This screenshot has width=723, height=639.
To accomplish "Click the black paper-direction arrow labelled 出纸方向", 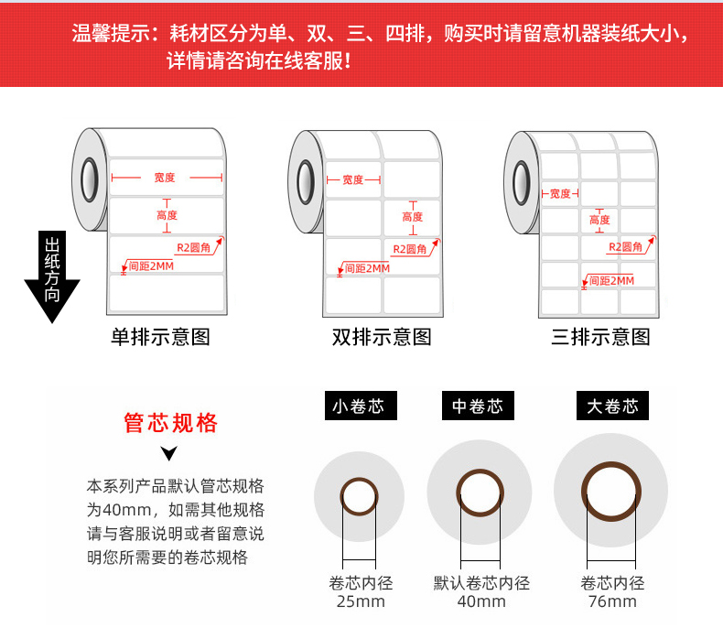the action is point(51,275).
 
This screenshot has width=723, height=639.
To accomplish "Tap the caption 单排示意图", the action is point(160,337).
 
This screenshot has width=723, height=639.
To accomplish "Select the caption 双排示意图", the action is point(381,337).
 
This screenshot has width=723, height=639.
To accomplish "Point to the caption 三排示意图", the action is point(600,337).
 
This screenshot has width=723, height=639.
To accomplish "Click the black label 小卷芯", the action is point(358,406).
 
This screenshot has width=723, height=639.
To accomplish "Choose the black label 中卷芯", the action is point(477,406).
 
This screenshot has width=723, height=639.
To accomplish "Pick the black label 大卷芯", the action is point(612,406).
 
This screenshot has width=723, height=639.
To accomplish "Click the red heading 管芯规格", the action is point(171,423).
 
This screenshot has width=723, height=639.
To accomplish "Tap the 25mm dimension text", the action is point(361,601).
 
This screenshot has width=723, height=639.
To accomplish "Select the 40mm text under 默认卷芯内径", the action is point(481,601).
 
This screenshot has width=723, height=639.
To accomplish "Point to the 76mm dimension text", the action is point(612,601).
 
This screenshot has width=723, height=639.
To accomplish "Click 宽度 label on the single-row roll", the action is point(165,178).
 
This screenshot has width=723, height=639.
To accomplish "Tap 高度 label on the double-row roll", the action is point(412,217).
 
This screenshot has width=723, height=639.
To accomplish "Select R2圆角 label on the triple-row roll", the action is point(627,247).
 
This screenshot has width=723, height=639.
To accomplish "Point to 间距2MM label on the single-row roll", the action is point(151,266).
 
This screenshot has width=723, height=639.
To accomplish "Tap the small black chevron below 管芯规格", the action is point(168,453).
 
